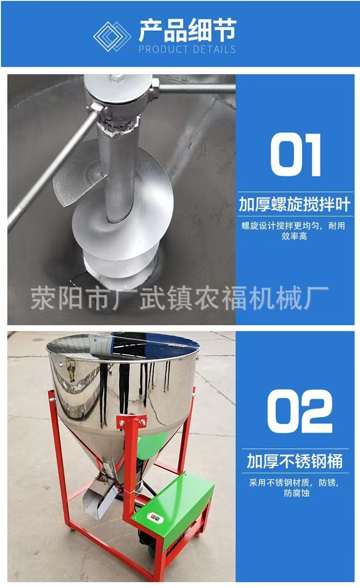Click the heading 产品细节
(x=187, y=30)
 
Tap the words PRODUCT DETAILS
(x=187, y=49)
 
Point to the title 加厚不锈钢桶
(x=295, y=461)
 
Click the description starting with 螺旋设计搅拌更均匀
(x=293, y=231)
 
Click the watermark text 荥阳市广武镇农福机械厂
(x=180, y=297)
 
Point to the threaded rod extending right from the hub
(x=197, y=88)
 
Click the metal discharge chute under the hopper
(x=98, y=499)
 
